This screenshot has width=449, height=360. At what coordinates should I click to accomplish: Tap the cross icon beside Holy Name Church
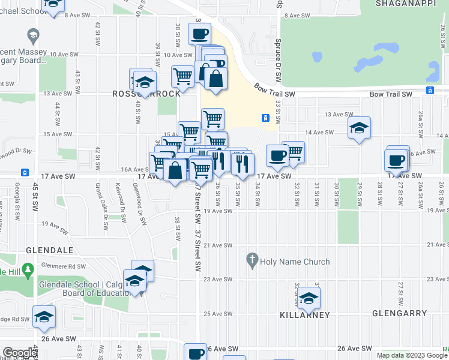pyautogui.click(x=252, y=261)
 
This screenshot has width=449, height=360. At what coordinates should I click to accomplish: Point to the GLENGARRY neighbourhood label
pyautogui.click(x=399, y=313)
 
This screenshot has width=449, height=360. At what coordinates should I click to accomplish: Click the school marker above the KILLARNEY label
pyautogui.click(x=309, y=298)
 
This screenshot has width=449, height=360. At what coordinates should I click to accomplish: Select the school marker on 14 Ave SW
pyautogui.click(x=359, y=128)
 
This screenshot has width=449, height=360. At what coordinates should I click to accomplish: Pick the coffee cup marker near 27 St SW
pyautogui.click(x=397, y=160)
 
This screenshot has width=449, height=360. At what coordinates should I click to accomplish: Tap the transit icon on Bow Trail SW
pyautogui.click(x=430, y=91)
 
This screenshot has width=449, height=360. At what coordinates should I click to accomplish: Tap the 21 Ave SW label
pyautogui.click(x=218, y=245)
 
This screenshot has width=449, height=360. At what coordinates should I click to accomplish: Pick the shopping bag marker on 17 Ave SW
pyautogui.click(x=175, y=170)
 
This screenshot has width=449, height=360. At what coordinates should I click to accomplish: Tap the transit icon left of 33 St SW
pyautogui.click(x=265, y=118)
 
